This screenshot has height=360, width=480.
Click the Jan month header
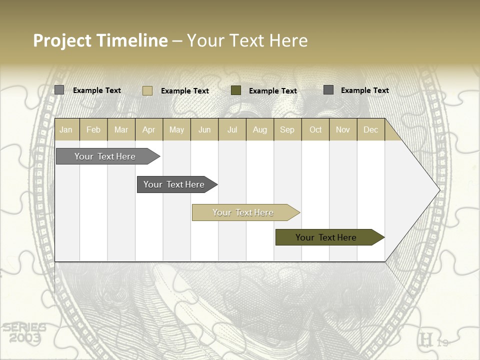(66, 130)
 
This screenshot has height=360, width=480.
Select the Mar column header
(121, 130)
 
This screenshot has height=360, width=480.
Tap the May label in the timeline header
(176, 130)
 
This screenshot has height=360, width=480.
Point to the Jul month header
(232, 130)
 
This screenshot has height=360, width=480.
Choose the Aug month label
(259, 130)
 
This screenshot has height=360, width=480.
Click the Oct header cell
(315, 130)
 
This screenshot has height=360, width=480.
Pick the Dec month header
(370, 130)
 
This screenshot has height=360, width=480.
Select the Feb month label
(93, 130)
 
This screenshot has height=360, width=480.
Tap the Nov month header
(343, 130)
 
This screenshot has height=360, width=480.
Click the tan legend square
(147, 90)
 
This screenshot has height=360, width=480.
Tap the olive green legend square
(236, 90)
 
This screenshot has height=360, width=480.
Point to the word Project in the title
(61, 40)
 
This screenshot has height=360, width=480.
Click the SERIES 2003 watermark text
(23, 333)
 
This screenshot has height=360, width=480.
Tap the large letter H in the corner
(426, 340)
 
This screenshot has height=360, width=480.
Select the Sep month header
(287, 130)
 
